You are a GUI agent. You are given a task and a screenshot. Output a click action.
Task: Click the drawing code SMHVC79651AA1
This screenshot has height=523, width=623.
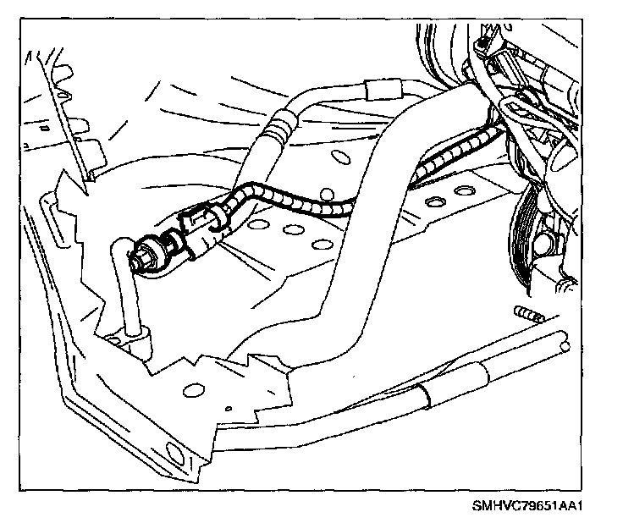531,508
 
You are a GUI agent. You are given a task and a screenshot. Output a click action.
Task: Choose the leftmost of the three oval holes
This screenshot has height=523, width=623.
257,224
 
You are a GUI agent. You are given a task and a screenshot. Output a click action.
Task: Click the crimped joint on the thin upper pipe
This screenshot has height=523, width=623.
276,128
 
